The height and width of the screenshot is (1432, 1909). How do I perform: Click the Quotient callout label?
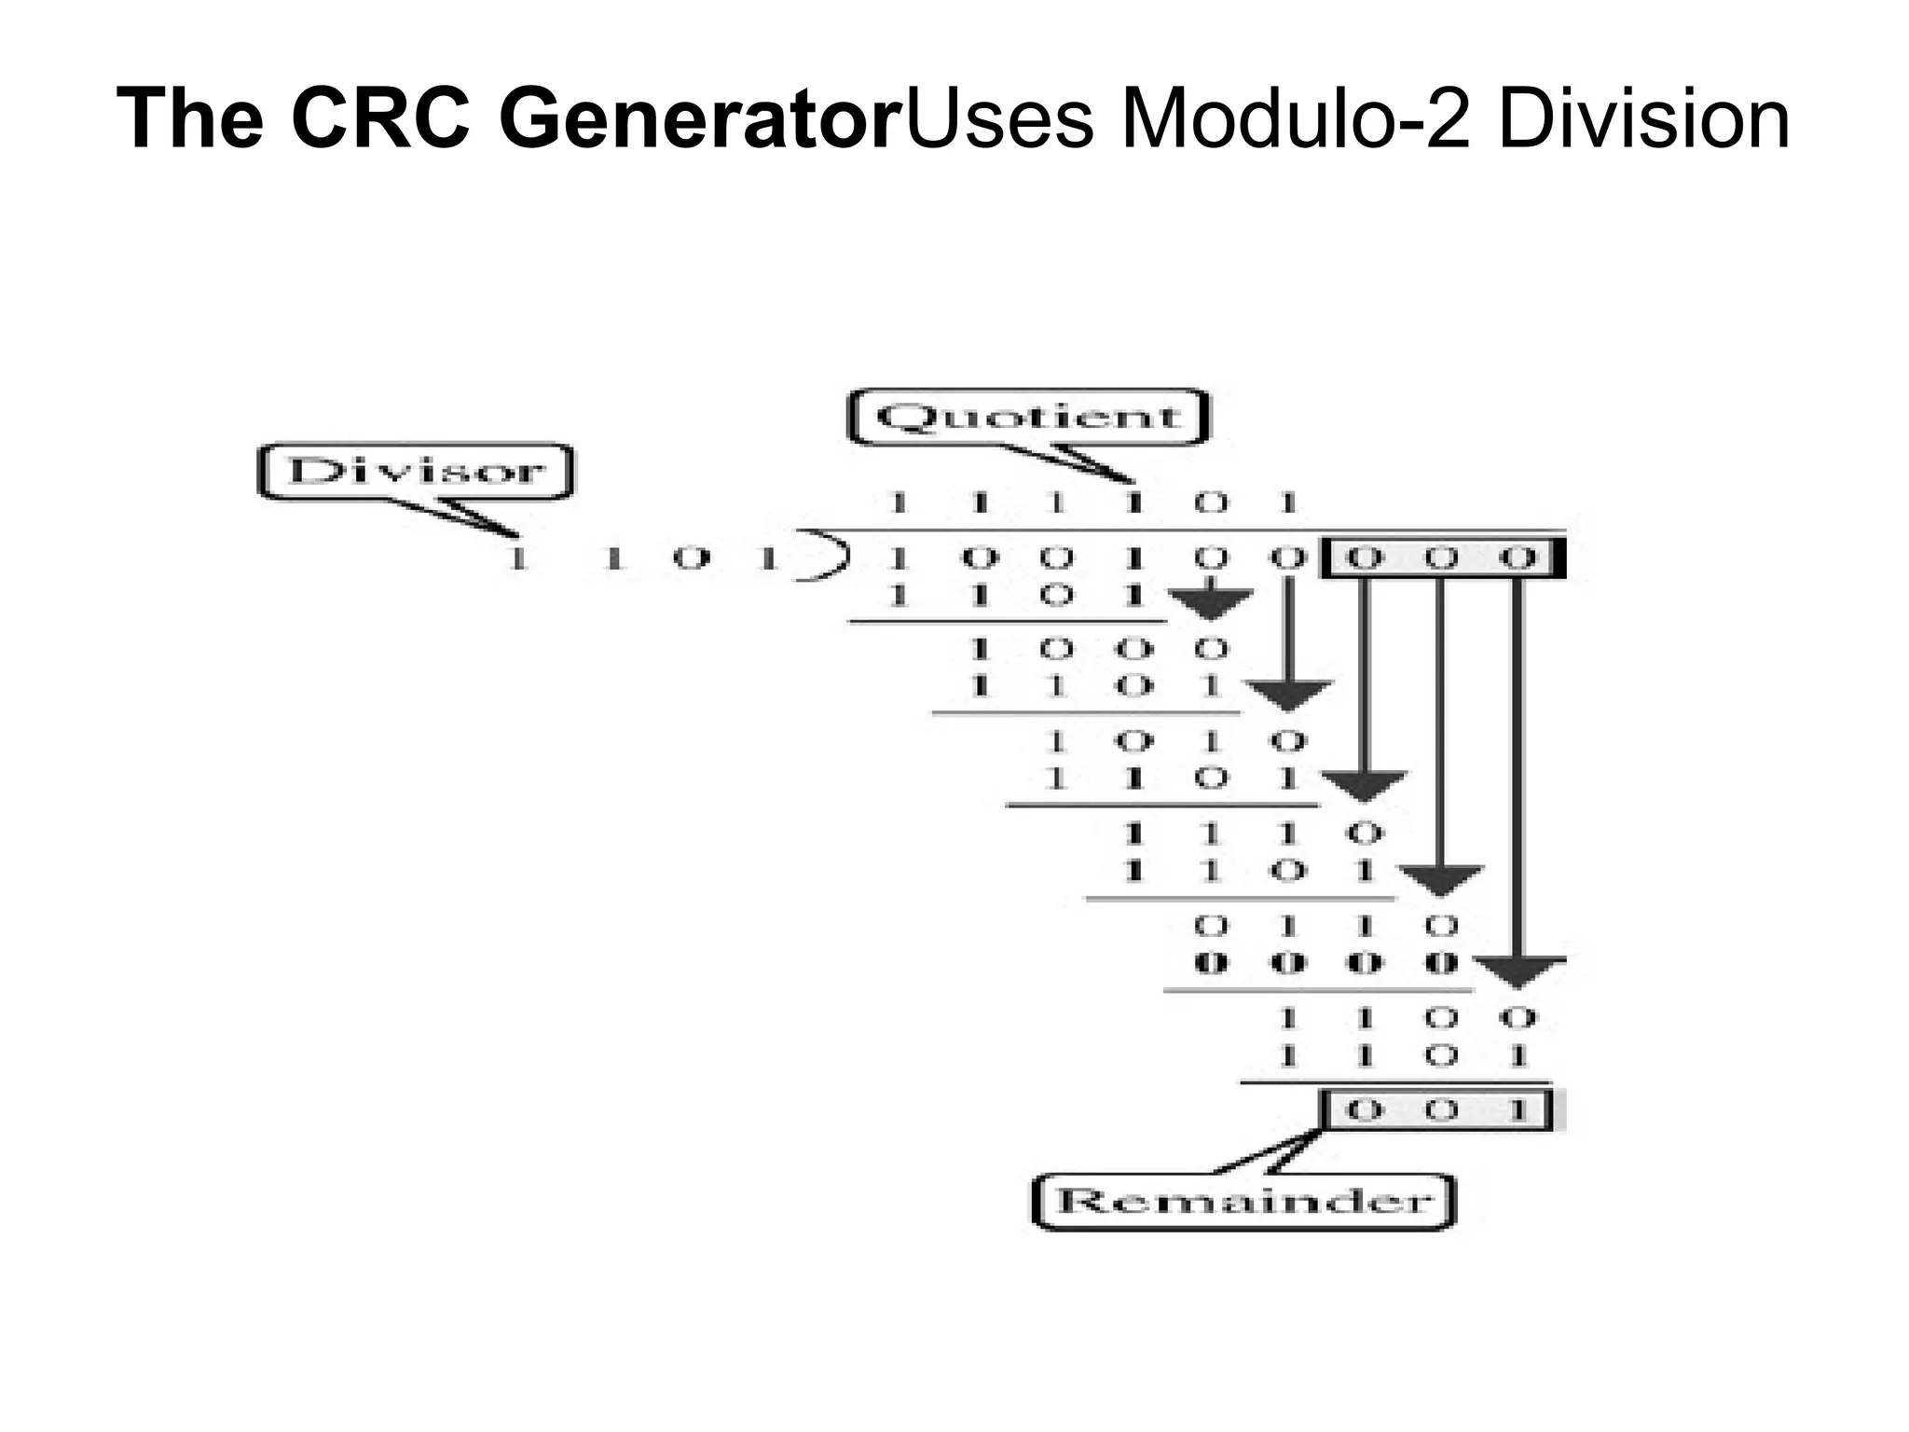1028,417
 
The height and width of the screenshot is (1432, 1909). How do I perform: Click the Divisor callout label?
416,471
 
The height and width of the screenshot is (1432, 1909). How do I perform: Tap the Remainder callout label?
1244,1201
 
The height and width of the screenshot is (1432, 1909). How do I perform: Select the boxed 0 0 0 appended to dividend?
1442,558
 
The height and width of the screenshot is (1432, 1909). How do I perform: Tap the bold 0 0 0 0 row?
1325,963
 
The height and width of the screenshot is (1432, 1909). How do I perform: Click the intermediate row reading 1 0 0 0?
1095,648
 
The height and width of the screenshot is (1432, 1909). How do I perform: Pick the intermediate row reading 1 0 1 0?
1172,741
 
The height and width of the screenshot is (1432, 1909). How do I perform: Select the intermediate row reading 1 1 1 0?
1248,833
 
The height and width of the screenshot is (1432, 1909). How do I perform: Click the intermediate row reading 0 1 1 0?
1325,926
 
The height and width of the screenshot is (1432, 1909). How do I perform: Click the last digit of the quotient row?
1287,503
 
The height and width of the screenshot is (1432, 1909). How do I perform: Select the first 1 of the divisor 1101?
517,558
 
